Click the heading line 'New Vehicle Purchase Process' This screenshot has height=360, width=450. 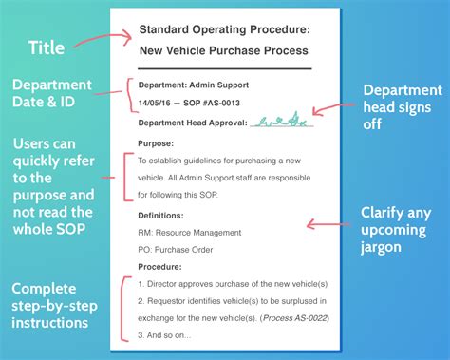click(223, 49)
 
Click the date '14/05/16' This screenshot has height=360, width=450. click(155, 104)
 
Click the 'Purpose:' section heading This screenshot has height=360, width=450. click(157, 142)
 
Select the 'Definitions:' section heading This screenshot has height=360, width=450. click(164, 216)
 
